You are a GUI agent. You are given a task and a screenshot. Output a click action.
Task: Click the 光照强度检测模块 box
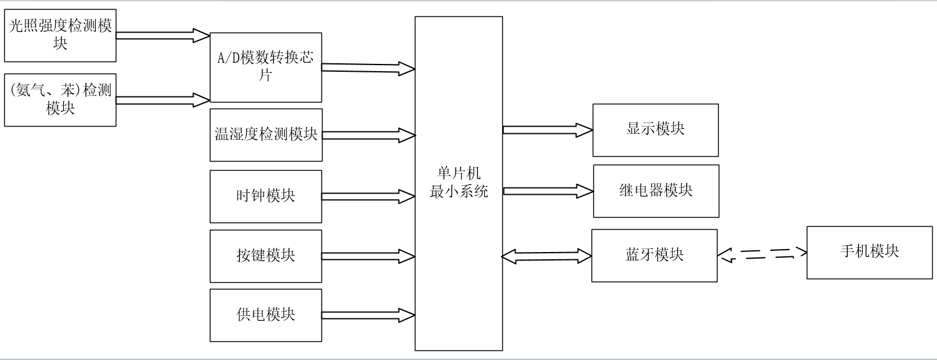point(60,36)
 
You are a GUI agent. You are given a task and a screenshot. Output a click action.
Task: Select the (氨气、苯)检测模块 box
point(60,100)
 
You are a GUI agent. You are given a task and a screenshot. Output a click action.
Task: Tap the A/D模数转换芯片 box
point(266,68)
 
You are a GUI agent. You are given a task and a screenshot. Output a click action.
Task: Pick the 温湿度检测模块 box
point(266,135)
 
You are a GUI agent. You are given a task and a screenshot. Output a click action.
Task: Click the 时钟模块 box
point(266,197)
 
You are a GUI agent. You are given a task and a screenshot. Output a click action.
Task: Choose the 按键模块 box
point(266,256)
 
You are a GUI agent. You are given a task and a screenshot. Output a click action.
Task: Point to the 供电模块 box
point(266,315)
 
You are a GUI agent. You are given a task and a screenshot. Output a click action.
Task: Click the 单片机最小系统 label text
point(459,182)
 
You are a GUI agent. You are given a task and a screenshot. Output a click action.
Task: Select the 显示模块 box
point(655,130)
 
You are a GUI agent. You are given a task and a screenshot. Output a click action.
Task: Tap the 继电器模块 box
point(656,191)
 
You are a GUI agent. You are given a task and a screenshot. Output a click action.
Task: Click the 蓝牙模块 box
point(654,256)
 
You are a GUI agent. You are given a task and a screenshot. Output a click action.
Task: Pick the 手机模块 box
point(869,253)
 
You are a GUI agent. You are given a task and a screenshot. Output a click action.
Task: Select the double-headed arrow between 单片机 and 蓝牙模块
point(547,256)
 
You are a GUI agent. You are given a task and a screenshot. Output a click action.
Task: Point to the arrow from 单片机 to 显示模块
point(547,130)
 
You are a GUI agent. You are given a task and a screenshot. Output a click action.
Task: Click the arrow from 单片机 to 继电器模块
point(548,191)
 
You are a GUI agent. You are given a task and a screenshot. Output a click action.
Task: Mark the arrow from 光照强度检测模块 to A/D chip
point(163,36)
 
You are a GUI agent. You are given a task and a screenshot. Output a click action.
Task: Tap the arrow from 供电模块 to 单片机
point(368,315)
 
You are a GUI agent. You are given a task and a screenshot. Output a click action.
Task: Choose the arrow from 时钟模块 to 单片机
point(368,197)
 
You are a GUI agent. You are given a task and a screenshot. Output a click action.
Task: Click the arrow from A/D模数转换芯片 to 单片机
point(368,68)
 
